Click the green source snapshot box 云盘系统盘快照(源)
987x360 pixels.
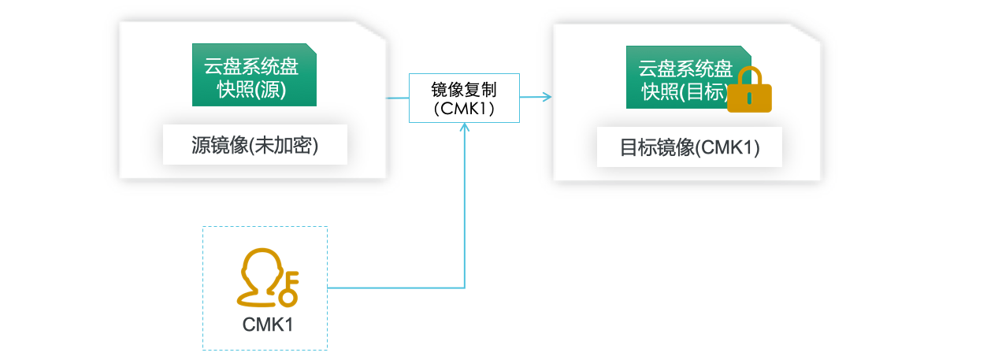pyautogui.click(x=254, y=75)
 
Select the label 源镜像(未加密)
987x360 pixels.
pyautogui.click(x=254, y=145)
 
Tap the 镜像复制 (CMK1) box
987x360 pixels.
pyautogui.click(x=464, y=98)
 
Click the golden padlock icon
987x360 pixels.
pyautogui.click(x=748, y=91)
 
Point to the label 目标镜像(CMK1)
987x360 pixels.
pyautogui.click(x=689, y=147)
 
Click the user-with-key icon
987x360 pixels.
pyautogui.click(x=265, y=278)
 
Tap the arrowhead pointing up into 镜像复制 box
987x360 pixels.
pyautogui.click(x=465, y=128)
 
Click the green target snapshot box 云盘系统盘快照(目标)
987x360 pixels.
pyautogui.click(x=677, y=77)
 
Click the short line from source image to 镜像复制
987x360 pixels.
pyautogui.click(x=397, y=98)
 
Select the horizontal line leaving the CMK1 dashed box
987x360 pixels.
pyautogui.click(x=394, y=288)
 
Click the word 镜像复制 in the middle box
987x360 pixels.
pyautogui.click(x=464, y=88)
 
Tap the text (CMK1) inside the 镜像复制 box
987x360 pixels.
pyautogui.click(x=464, y=109)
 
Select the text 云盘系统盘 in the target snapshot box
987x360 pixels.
pyautogui.click(x=685, y=67)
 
